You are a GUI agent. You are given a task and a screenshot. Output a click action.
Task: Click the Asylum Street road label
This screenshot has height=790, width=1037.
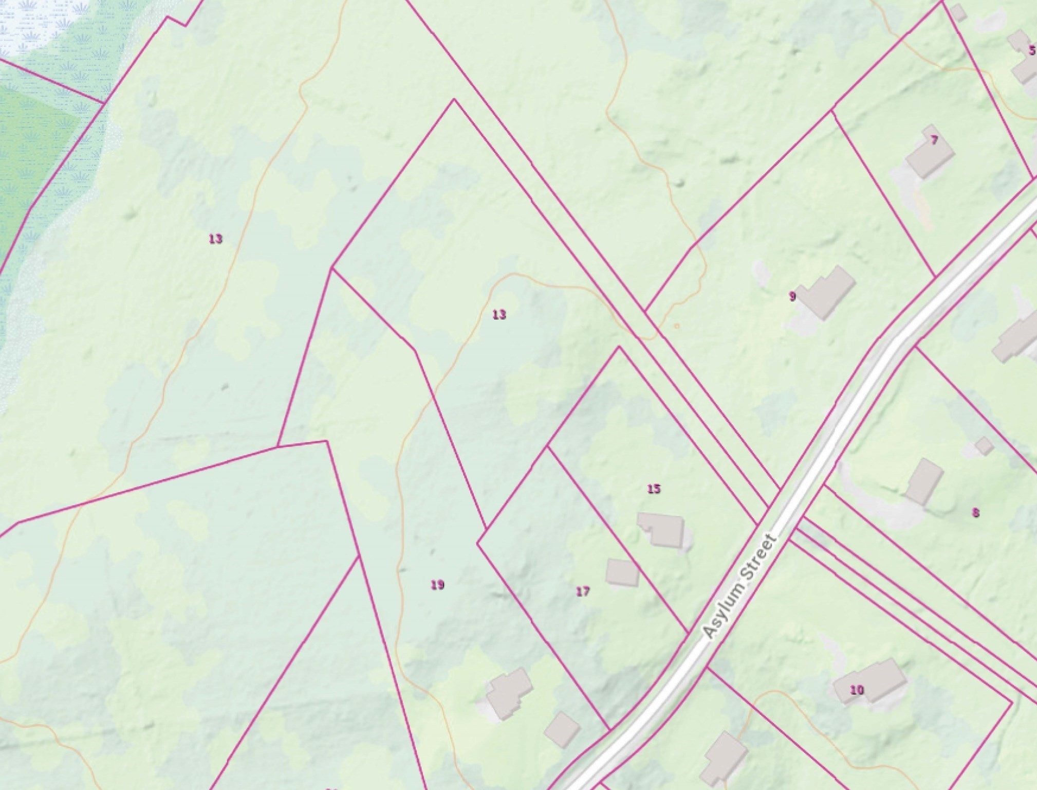pyautogui.click(x=740, y=586)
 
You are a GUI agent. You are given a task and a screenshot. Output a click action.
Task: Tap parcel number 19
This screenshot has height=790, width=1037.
pyautogui.click(x=437, y=585)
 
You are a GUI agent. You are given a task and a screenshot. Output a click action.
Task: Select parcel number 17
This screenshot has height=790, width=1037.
pyautogui.click(x=582, y=591)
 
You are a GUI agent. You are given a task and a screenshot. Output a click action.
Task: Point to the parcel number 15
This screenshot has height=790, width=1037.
pyautogui.click(x=654, y=489)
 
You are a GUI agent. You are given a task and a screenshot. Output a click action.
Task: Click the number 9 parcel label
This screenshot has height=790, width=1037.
pyautogui.click(x=792, y=296)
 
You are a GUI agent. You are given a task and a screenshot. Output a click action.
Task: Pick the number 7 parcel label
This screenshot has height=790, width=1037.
pyautogui.click(x=934, y=140)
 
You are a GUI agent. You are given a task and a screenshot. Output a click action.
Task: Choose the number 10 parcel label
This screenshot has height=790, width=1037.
pyautogui.click(x=857, y=690)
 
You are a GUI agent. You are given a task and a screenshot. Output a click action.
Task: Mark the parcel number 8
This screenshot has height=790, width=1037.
pyautogui.click(x=975, y=512)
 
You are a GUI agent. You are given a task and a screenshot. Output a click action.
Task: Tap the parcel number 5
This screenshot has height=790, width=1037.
pyautogui.click(x=1032, y=50)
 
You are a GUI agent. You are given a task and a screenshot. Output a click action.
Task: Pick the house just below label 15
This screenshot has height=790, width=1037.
pyautogui.click(x=662, y=529)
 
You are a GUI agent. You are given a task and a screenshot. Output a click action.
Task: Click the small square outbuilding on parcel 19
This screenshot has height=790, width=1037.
pyautogui.click(x=562, y=729)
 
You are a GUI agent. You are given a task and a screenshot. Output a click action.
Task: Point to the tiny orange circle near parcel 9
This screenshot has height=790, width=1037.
pyautogui.click(x=677, y=326)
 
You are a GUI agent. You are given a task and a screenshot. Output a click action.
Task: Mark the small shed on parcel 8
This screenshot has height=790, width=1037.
pyautogui.click(x=984, y=445)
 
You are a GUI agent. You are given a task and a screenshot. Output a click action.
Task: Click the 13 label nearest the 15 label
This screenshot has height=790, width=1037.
pyautogui.click(x=499, y=314)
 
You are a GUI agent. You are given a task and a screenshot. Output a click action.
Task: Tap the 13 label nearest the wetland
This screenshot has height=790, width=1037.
pyautogui.click(x=216, y=239)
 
